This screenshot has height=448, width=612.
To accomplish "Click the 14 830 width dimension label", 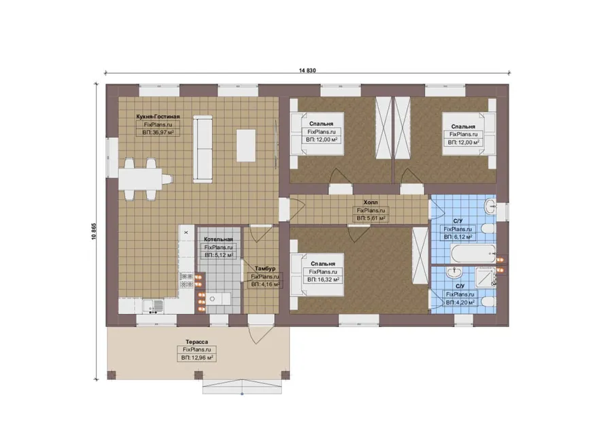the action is coord(307,71).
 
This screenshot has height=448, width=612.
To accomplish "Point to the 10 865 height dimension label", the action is coord(94,231).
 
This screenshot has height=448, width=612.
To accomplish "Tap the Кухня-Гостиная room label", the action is coord(158,116).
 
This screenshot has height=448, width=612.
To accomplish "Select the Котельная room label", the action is coord(218,239).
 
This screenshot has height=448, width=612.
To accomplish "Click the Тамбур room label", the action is coord(265,269).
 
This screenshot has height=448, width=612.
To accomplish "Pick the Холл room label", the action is coord(371,203).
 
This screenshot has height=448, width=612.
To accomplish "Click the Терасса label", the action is coord(197,342).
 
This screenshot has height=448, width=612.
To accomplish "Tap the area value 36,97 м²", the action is coord(158,133).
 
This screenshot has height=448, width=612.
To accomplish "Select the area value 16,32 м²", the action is coord(323,280).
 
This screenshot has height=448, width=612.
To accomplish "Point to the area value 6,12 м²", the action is coord(458,237).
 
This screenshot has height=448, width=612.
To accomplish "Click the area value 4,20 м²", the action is coord(460,303).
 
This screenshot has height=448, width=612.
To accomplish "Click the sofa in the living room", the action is coord(203,149).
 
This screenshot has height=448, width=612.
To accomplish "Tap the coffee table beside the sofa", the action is coord(246,145).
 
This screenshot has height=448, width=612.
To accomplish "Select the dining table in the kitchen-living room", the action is coord(140,179).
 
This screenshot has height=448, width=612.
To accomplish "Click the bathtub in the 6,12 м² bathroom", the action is coord(473,254).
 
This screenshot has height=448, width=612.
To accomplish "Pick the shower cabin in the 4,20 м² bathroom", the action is coord(485,277).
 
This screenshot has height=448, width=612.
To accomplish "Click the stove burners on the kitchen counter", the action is coord(186,280).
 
